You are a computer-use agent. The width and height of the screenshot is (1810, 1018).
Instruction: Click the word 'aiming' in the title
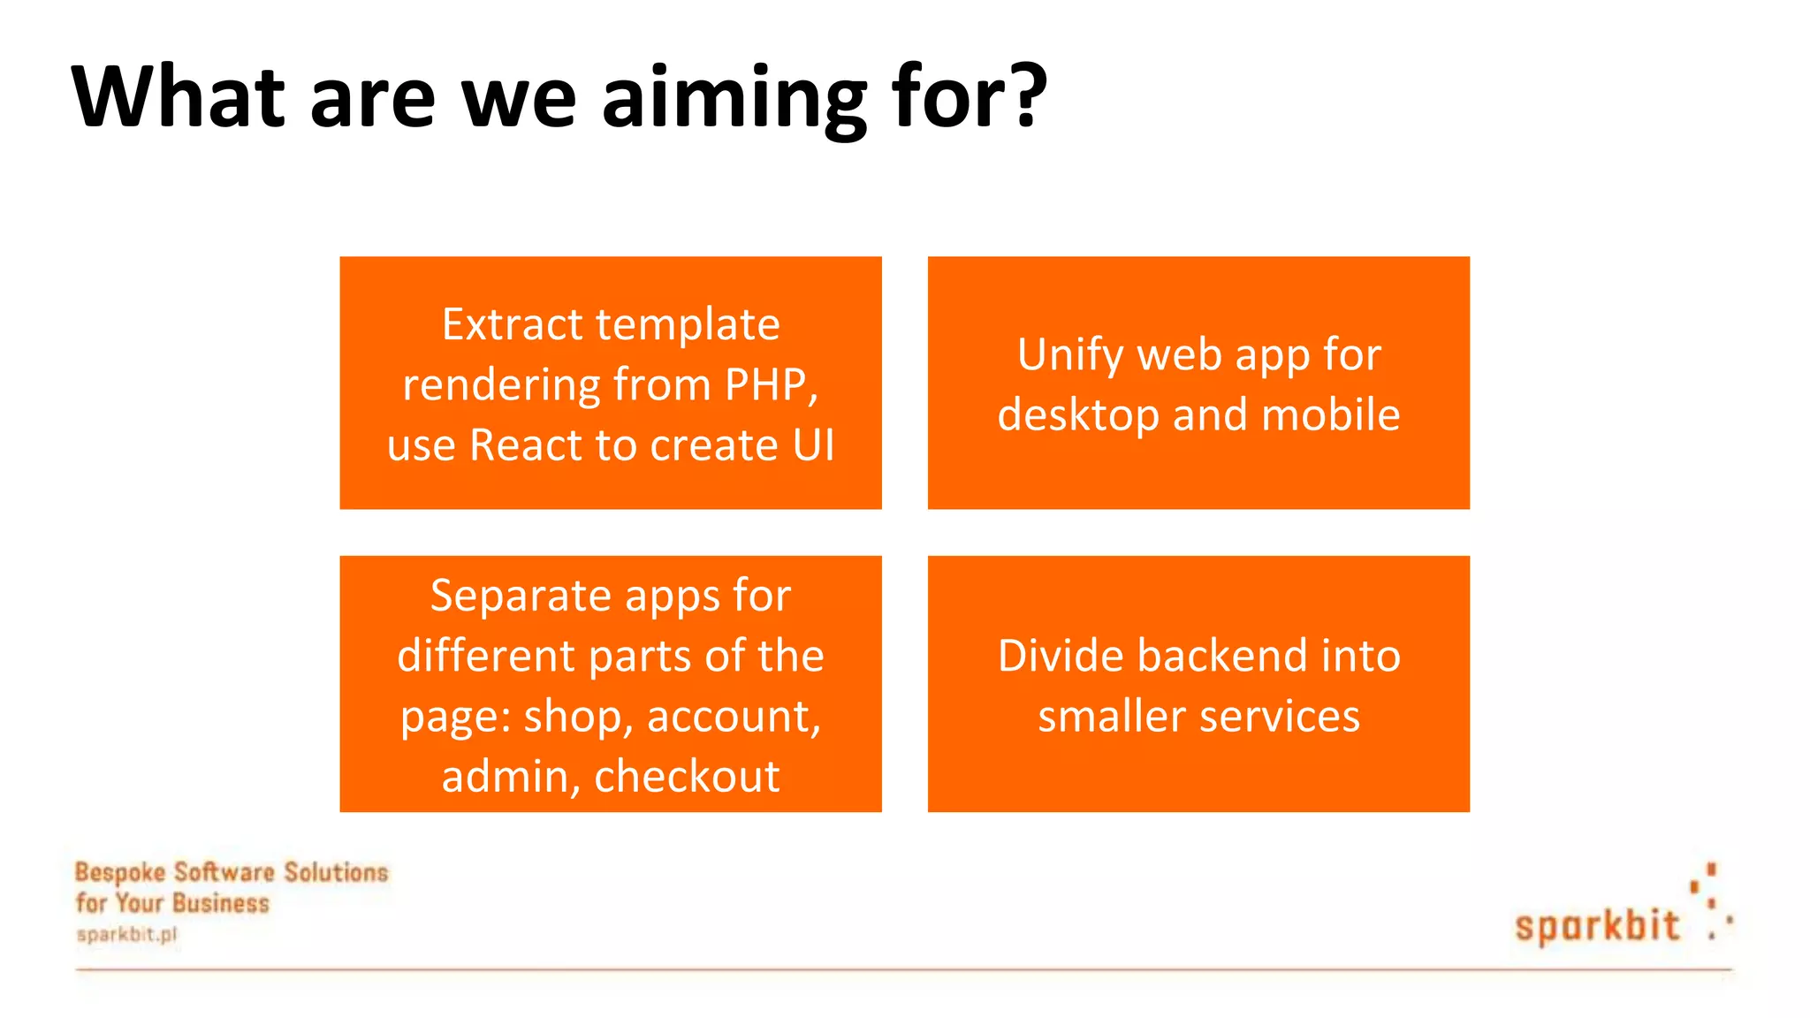tap(734, 99)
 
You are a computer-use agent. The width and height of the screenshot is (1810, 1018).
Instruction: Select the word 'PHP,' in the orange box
tap(772, 385)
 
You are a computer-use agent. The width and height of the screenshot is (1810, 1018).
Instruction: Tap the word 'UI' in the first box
tap(813, 445)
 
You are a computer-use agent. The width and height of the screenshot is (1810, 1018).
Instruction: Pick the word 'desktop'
tap(1078, 415)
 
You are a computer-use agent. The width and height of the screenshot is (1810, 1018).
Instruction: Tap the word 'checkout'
tap(687, 777)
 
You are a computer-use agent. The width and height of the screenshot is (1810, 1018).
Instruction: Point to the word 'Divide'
tap(1061, 657)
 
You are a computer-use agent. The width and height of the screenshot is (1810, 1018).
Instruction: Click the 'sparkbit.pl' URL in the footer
tap(127, 934)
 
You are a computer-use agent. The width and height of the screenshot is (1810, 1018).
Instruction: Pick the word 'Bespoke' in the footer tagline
tap(120, 872)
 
